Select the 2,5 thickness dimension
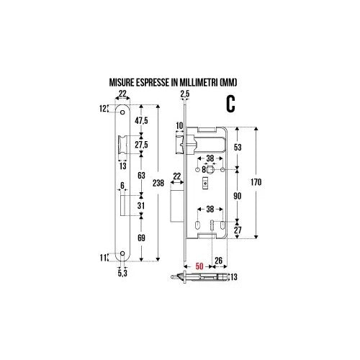[185, 94]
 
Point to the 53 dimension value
[238, 148]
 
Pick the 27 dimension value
[238, 231]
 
